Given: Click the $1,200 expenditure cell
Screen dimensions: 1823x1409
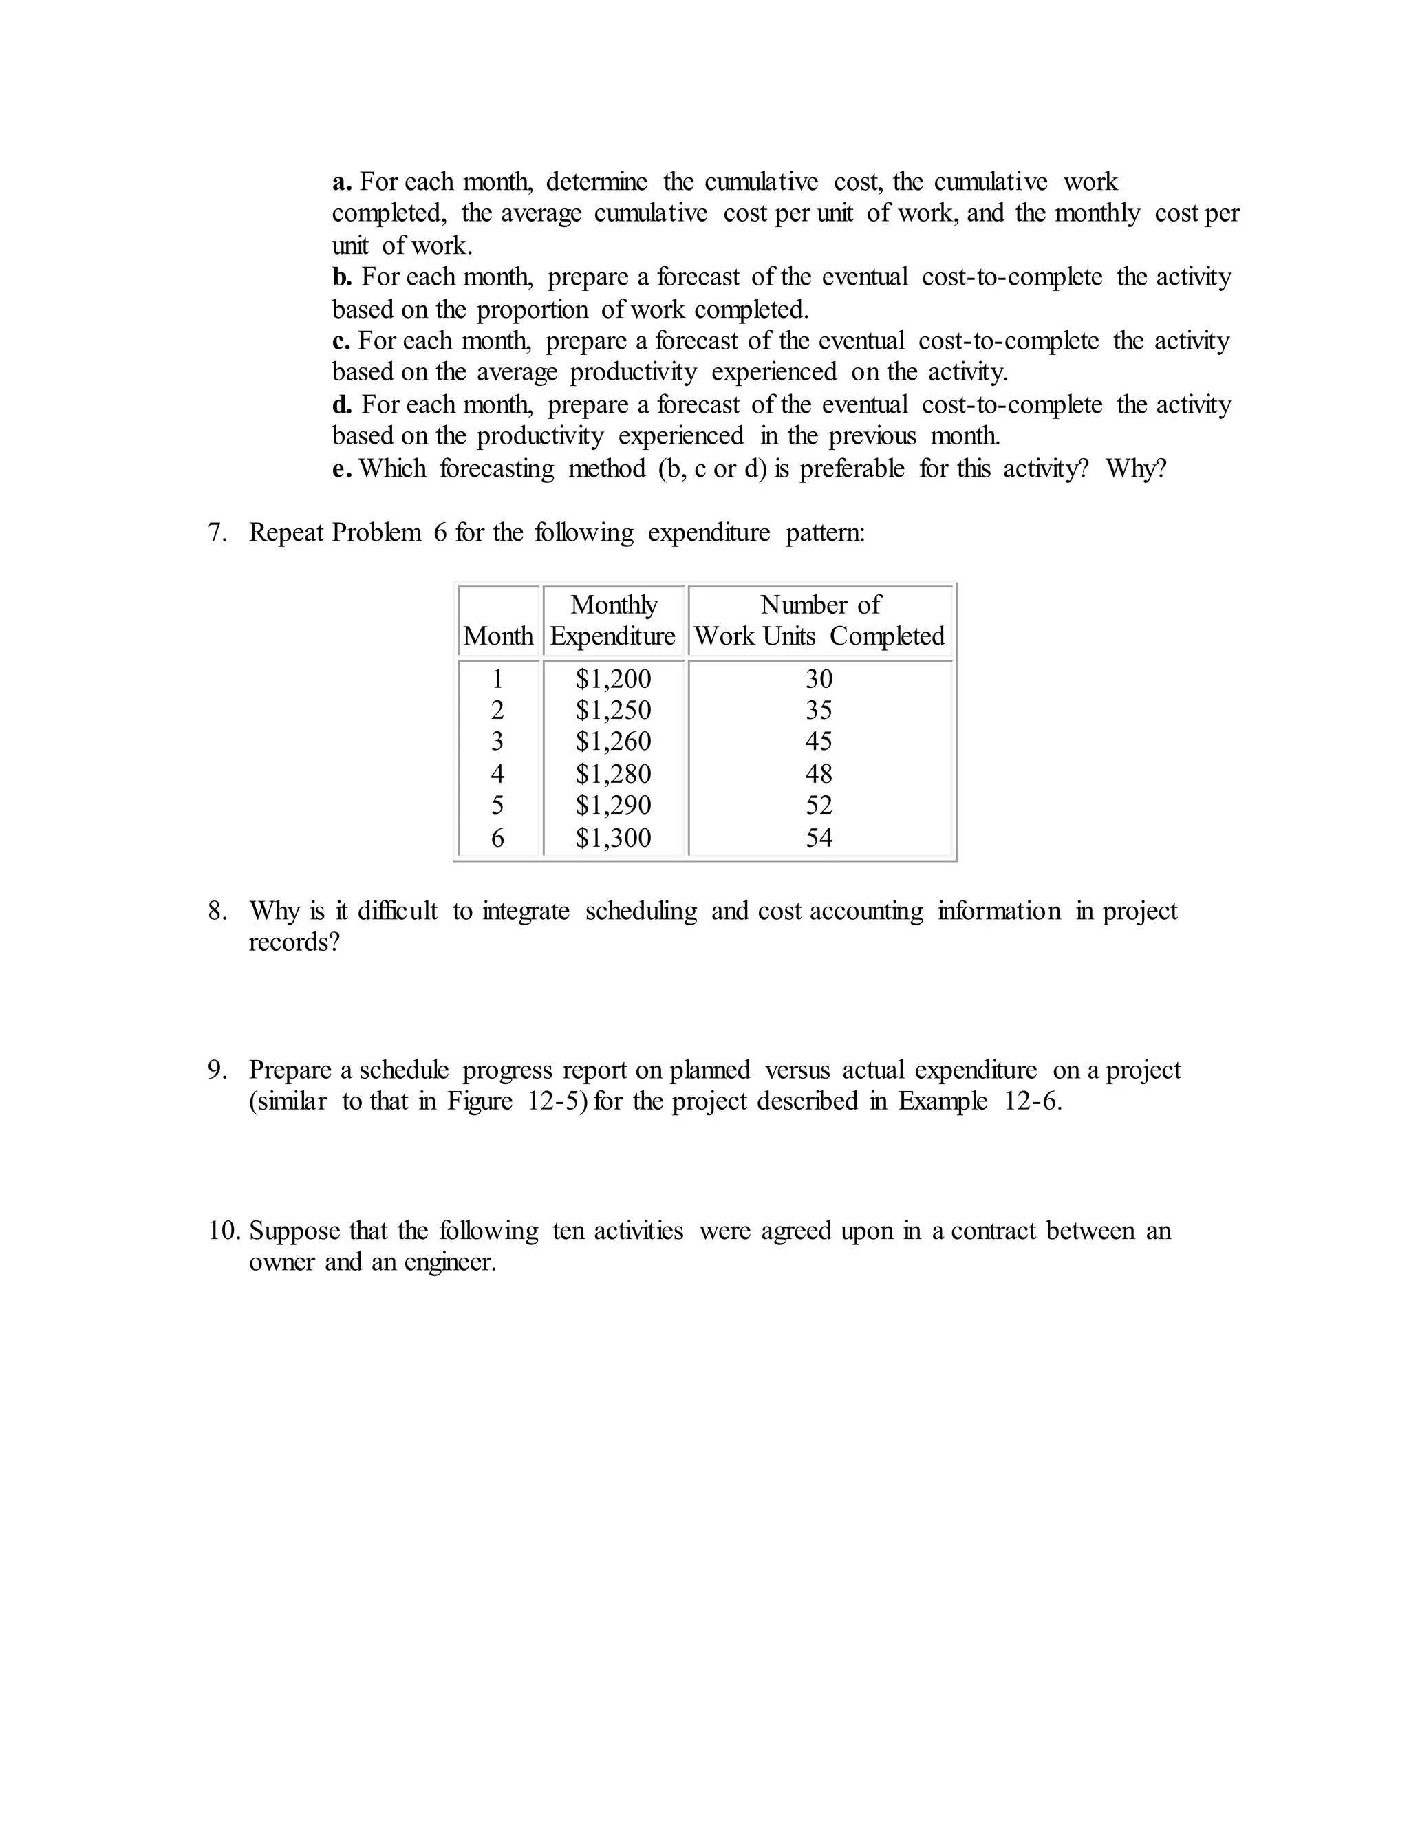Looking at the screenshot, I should point(614,678).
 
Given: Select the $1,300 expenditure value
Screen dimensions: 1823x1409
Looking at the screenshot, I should point(614,837).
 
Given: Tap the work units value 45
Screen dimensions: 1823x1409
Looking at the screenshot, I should point(819,741).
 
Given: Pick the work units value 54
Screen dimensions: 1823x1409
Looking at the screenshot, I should point(819,837).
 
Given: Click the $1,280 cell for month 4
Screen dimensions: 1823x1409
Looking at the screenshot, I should point(614,774).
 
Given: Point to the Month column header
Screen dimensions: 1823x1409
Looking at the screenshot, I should point(498,636).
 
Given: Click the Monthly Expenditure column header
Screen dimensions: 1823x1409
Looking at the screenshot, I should point(614,621).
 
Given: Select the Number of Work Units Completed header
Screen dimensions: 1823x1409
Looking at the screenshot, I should point(819,621).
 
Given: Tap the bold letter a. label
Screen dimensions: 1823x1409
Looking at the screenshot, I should point(342,182).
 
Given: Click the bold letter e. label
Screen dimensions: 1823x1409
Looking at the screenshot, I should point(342,469).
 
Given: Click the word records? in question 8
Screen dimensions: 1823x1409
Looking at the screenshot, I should point(294,942).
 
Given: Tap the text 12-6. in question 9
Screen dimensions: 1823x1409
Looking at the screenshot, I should point(1033,1102).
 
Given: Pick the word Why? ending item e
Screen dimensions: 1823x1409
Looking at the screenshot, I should point(1136,469).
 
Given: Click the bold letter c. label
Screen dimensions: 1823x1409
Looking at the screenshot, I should point(341,341).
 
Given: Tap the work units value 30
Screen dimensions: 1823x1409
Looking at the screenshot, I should point(819,678).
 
